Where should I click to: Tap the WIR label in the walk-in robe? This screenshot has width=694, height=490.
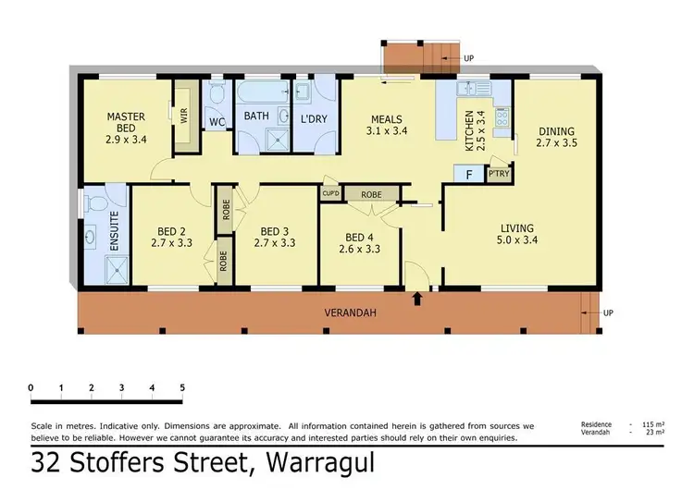pos(184,116)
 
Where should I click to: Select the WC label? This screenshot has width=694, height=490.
pos(217,122)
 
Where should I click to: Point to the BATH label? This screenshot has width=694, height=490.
pos(256,116)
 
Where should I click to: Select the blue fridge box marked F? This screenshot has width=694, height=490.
pos(469,173)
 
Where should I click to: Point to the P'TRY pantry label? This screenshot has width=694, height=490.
pos(499,173)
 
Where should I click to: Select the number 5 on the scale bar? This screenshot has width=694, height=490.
pos(182,386)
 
